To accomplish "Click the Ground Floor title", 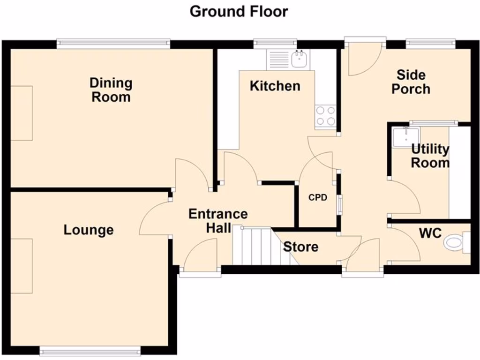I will (239, 11).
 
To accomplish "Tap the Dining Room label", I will (111, 90).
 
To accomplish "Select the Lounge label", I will (89, 230).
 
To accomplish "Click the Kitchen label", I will (275, 86).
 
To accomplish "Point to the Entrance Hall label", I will (218, 221).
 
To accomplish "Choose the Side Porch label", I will (411, 82).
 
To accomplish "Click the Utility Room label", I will (430, 156).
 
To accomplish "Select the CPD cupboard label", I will (317, 197).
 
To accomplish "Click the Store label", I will (301, 247).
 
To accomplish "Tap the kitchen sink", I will (299, 59).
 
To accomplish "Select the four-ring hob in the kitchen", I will (325, 116).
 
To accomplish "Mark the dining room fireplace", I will (22, 113).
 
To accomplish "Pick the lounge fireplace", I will (22, 266).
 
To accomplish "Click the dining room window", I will (113, 44).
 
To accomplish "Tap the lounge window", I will (90, 350).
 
